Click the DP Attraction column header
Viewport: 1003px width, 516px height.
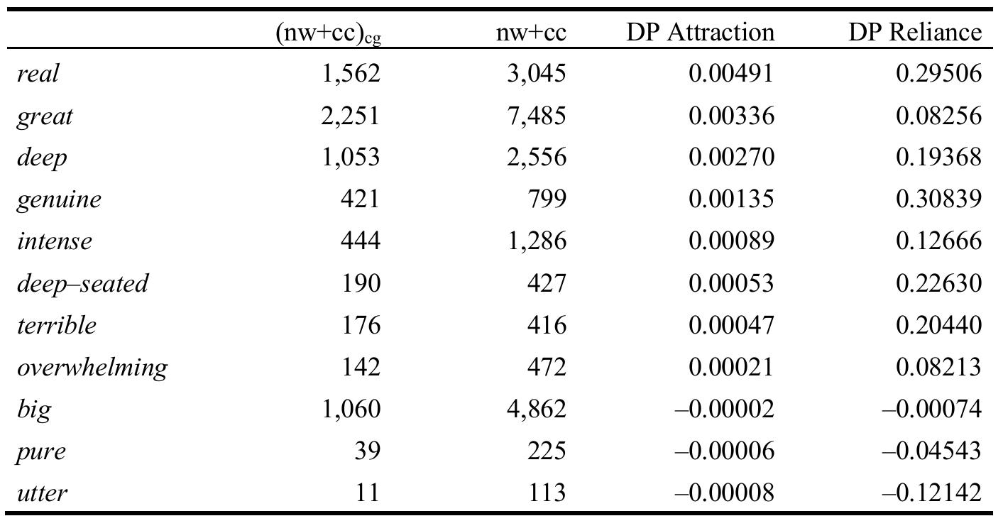pyautogui.click(x=700, y=32)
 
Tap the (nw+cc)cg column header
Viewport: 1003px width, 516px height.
pyautogui.click(x=328, y=33)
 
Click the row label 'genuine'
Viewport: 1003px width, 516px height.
pyautogui.click(x=59, y=199)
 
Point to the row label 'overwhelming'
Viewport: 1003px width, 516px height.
pyautogui.click(x=92, y=367)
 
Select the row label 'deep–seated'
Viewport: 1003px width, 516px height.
pyautogui.click(x=82, y=283)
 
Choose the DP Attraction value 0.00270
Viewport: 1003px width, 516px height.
pyautogui.click(x=730, y=157)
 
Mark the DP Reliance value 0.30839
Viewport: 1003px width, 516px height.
pyautogui.click(x=939, y=199)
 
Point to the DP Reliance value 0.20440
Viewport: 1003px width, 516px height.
pyautogui.click(x=939, y=324)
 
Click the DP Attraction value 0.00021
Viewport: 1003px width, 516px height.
pyautogui.click(x=730, y=366)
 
